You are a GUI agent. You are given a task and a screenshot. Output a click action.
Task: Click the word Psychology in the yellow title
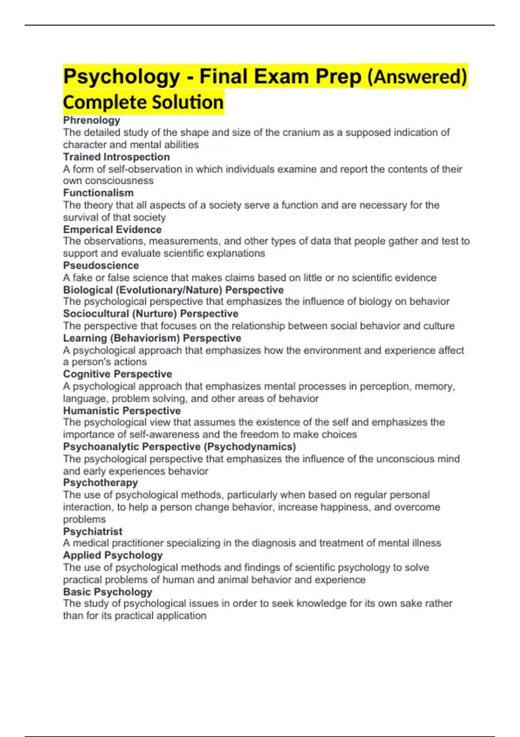(x=121, y=77)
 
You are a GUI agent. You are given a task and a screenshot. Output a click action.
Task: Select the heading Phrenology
(x=91, y=120)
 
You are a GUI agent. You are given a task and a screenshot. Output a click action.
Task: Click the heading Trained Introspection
(x=116, y=157)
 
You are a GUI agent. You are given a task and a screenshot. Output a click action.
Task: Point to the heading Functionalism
(x=98, y=193)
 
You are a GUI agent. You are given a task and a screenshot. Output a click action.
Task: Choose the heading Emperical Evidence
(x=112, y=229)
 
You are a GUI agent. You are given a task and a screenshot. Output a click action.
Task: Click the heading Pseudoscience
(x=101, y=265)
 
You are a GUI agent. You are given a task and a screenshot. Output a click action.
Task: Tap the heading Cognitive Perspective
(x=117, y=374)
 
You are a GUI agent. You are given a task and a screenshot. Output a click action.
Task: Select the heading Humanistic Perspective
(x=122, y=411)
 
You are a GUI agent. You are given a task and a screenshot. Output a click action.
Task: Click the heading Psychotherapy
(x=100, y=483)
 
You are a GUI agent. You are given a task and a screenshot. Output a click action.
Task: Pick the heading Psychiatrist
(x=93, y=532)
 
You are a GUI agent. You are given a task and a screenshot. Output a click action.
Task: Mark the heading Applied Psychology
(x=113, y=555)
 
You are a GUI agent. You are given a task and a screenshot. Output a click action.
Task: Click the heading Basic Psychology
(x=107, y=592)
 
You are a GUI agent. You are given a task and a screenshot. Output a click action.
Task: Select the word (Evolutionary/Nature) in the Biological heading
(x=169, y=290)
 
